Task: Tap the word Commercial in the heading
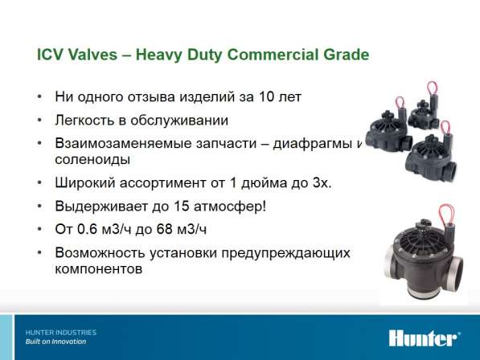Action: [x=273, y=55]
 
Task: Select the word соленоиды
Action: [x=92, y=159]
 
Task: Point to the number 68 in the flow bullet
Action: [x=164, y=229]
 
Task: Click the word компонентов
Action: [x=99, y=269]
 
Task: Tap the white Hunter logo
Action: [x=425, y=338]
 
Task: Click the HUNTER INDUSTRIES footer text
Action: [x=61, y=333]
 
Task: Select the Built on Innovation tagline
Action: [x=55, y=342]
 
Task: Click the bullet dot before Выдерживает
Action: [x=39, y=207]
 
